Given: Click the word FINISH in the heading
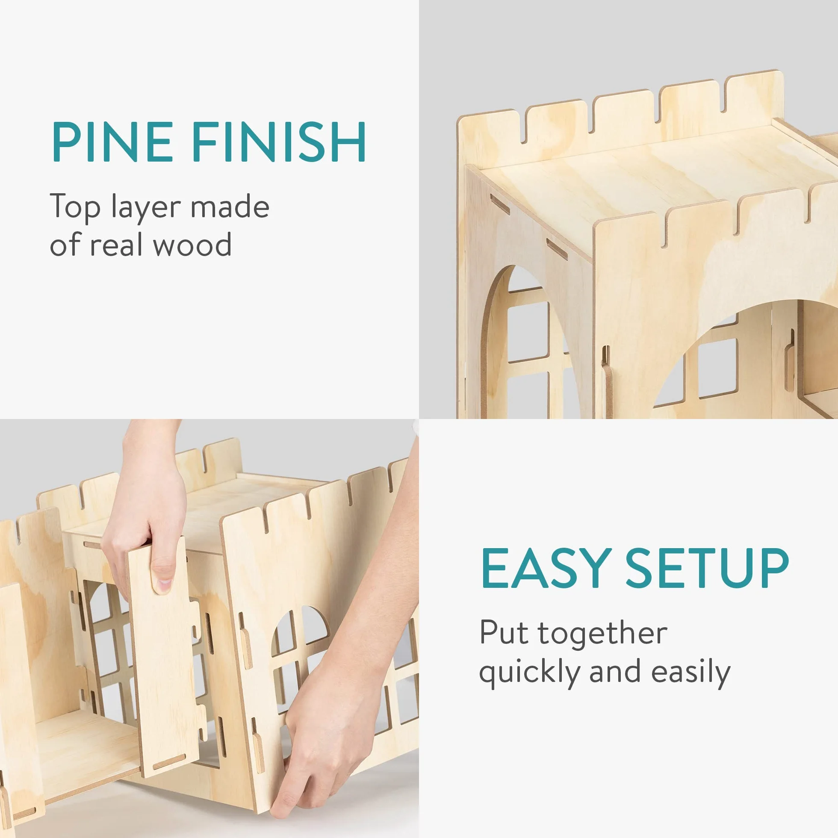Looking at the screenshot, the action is tap(279, 142).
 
